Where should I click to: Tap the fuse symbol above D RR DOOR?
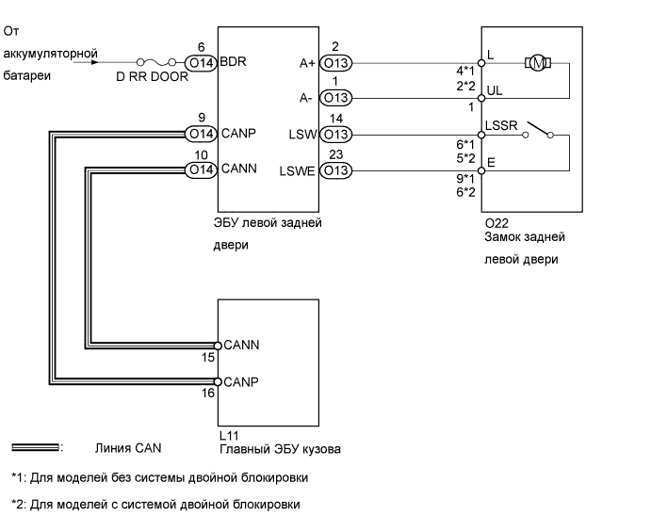pyautogui.click(x=155, y=63)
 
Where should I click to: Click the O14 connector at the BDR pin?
pyautogui.click(x=201, y=63)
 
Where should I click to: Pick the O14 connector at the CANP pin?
pyautogui.click(x=201, y=135)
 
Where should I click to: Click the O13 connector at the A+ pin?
pyautogui.click(x=337, y=63)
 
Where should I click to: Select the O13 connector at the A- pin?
pyautogui.click(x=337, y=98)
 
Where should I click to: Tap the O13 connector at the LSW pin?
pyautogui.click(x=337, y=135)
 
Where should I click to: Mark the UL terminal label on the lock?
pyautogui.click(x=493, y=89)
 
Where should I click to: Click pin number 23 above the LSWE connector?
pyautogui.click(x=335, y=153)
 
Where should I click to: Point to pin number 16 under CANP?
pyautogui.click(x=209, y=394)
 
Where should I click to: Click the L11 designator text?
pyautogui.click(x=227, y=436)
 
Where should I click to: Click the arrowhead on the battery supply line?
pyautogui.click(x=94, y=63)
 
